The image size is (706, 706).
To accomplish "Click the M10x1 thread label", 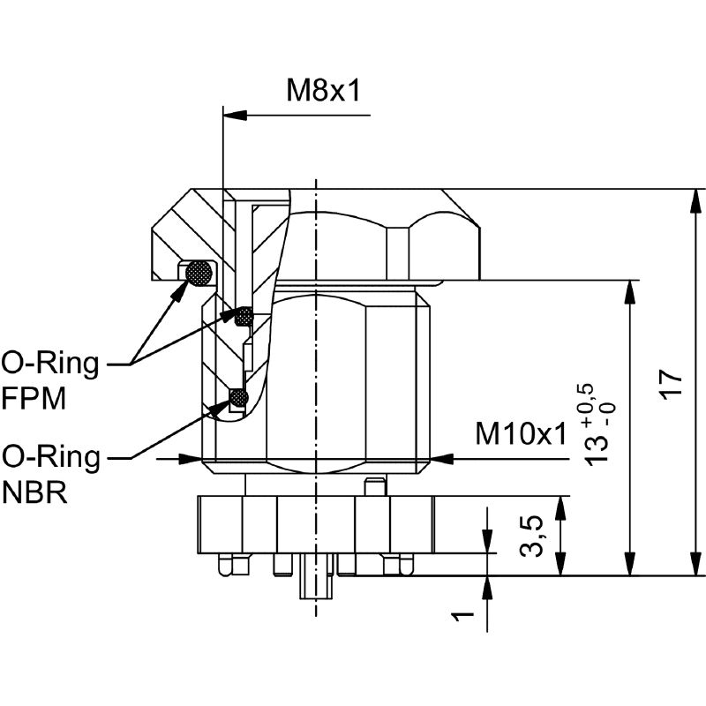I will pos(519,433).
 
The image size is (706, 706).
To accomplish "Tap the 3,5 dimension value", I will pos(531,536).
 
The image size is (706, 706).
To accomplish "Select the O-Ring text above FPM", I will pos(50,362).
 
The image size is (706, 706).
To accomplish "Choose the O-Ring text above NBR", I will pos(50,456).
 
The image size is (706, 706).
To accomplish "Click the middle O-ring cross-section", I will pos(244,314).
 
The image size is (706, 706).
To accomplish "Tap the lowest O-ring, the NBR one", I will pos(237,400).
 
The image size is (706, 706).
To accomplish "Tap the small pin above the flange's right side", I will pos(375,486).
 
